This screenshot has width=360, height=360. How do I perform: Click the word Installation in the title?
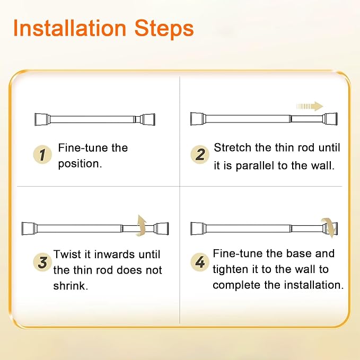pos(69,29)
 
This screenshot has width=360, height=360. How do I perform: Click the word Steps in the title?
pos(164,29)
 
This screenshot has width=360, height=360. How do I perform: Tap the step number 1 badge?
pos(43,154)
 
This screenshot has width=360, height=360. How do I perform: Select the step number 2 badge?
pos(200,154)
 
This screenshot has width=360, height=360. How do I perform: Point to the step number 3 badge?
pos(42,262)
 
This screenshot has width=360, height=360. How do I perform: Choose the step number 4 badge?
pos(200,262)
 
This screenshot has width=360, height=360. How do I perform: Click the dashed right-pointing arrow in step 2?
pos(310,106)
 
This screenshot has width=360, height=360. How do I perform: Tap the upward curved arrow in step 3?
pos(141,225)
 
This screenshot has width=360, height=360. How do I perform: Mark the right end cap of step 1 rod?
pos(148,119)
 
